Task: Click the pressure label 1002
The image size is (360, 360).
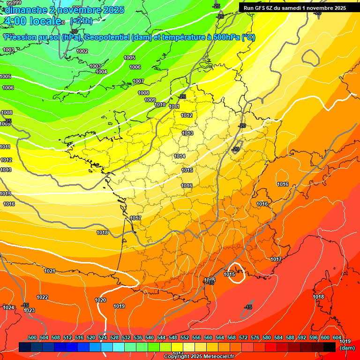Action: point(82,51)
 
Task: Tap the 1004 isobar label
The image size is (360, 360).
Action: point(101,72)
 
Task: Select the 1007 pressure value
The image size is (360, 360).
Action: point(138,81)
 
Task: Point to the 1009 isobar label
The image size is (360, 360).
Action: point(150,100)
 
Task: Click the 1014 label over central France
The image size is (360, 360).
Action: point(180,156)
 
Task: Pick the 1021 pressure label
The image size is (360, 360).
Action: point(50,271)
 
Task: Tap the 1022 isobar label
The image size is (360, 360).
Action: point(42,297)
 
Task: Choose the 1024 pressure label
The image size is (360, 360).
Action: point(8,307)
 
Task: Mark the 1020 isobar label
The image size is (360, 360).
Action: point(100,300)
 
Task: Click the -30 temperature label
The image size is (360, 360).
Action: point(74,31)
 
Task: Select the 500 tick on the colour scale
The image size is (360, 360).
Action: point(32,337)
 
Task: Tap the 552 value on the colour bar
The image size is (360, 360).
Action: point(185,337)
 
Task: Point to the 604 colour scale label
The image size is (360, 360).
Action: point(337,337)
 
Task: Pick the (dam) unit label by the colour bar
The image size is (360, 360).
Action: point(347,348)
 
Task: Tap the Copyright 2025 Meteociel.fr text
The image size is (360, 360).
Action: point(198,357)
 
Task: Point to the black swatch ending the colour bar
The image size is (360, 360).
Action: point(330,347)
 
